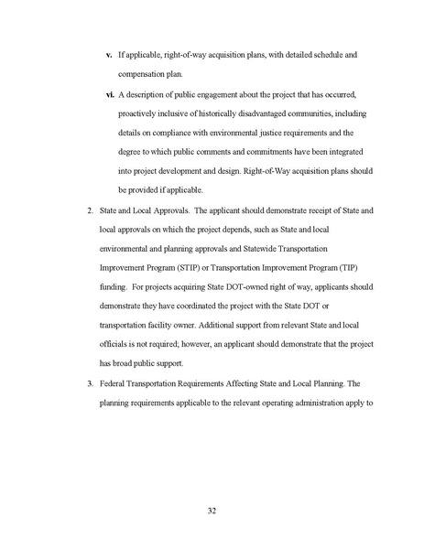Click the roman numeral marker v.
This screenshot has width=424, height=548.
tap(109, 55)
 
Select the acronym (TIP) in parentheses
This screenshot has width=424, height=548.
tap(351, 269)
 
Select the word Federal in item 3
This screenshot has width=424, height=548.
tap(114, 384)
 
